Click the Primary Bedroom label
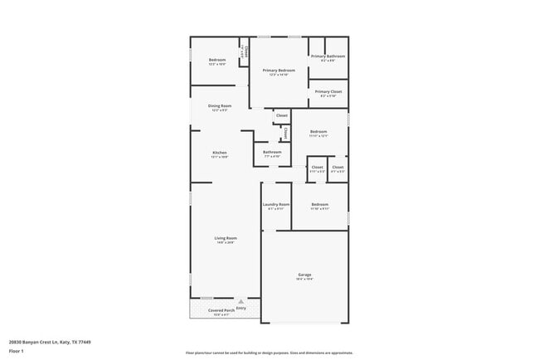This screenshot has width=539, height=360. click(x=279, y=71)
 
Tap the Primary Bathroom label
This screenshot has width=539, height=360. click(x=328, y=56)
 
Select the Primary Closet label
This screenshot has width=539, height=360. click(x=328, y=91)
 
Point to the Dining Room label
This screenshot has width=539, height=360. click(x=220, y=106)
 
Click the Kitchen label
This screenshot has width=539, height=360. click(x=220, y=153)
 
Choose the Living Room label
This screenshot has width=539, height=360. click(x=226, y=238)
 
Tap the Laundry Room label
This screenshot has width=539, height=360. click(x=276, y=204)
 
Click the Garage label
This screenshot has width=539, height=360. click(x=305, y=275)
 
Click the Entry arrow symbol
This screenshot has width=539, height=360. click(x=241, y=302)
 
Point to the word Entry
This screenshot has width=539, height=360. click(x=241, y=309)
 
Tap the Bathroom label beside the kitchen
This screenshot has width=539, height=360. click(x=273, y=153)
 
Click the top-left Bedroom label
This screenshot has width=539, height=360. click(x=217, y=60)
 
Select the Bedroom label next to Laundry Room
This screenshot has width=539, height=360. click(x=320, y=204)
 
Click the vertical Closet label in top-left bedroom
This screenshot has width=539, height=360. click(x=245, y=50)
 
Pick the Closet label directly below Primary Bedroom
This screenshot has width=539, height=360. click(x=282, y=115)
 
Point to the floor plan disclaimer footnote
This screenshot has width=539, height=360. click(x=269, y=353)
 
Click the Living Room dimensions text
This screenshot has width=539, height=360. click(x=226, y=243)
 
